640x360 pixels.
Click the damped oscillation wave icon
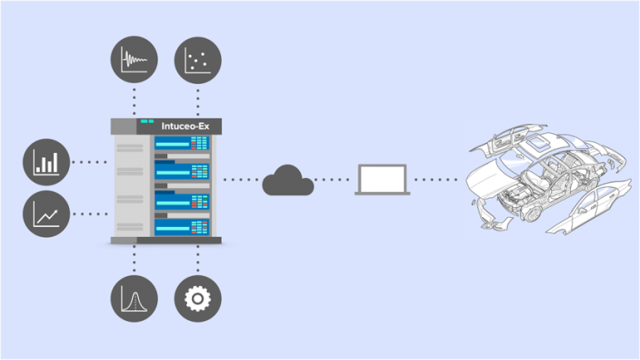[x=134, y=61]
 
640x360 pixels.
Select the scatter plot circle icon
[x=198, y=61]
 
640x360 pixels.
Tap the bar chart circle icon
[x=47, y=162]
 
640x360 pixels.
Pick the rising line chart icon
[x=47, y=214]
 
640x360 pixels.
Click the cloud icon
[x=288, y=180]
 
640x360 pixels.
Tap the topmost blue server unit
[x=181, y=143]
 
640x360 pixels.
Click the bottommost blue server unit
[x=181, y=226]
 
